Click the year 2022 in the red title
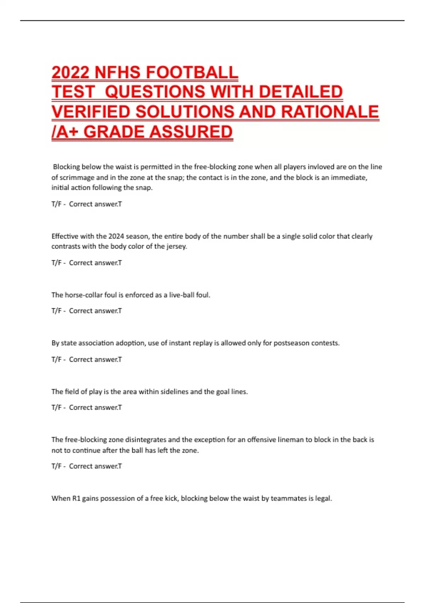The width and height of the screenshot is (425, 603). point(70,72)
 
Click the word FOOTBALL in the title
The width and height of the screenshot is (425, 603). point(192,72)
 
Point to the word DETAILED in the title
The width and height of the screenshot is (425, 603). point(301,92)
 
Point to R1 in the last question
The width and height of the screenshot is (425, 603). point(76,498)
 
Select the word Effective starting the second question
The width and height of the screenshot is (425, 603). point(65,236)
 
